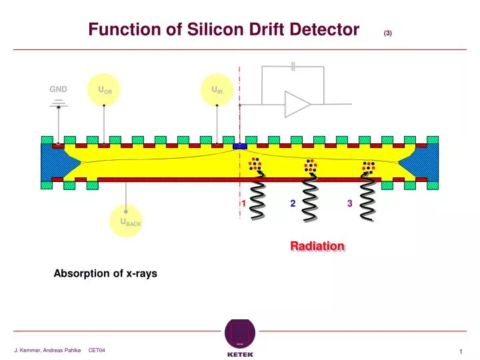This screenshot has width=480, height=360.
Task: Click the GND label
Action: point(58,89)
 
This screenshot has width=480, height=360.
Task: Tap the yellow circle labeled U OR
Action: point(104,90)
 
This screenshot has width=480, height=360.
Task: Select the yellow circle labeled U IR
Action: point(217,90)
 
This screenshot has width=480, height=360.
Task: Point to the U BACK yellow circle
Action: point(126,221)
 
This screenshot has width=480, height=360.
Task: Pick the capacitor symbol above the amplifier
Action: point(293,66)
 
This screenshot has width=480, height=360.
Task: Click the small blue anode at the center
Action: point(240,146)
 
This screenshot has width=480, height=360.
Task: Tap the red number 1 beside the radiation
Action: point(244,203)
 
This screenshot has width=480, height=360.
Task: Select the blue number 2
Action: point(293,203)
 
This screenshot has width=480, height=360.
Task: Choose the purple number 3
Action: point(349,203)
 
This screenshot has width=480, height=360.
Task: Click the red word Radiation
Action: point(317,246)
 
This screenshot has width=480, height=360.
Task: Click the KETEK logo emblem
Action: point(240,333)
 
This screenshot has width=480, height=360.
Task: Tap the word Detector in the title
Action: point(324,29)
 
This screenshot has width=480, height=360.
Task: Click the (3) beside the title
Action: point(387,33)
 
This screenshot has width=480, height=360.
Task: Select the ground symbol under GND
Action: point(59,104)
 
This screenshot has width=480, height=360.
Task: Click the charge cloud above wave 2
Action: point(311,165)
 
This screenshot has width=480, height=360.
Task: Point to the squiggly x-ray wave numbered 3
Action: point(367,196)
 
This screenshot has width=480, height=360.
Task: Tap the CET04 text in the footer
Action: point(97,350)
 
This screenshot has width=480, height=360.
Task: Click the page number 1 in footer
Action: point(461,352)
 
